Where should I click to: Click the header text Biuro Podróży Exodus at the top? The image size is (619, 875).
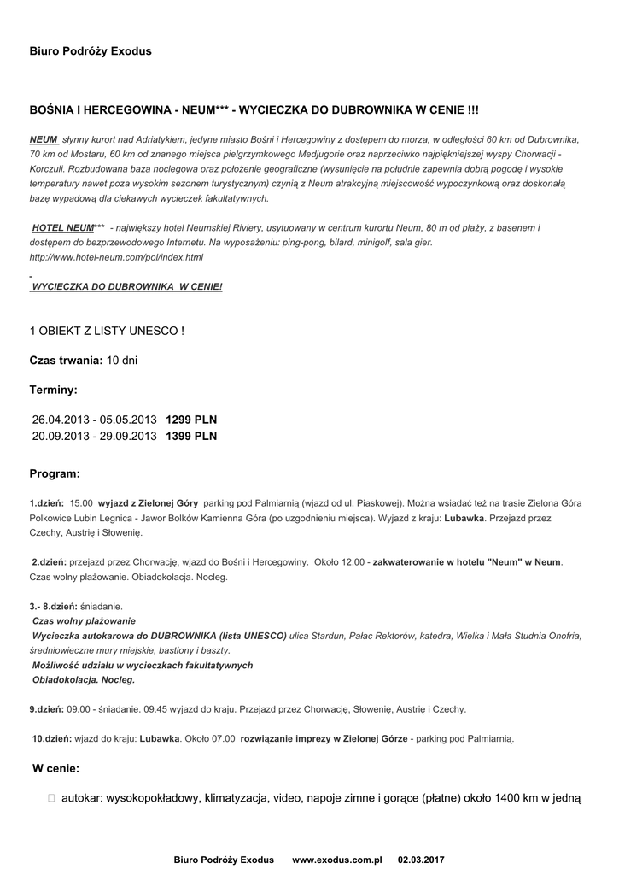91,51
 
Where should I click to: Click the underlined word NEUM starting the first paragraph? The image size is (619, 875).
44,138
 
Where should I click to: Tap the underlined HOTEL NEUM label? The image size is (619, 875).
62,228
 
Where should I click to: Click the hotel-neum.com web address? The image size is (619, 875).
116,257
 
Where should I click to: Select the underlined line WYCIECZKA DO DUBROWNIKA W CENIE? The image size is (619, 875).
126,286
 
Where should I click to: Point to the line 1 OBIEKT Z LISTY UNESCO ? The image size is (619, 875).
107,331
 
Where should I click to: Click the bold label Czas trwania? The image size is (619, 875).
67,361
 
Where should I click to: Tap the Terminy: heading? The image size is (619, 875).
54,390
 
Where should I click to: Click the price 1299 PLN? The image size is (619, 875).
191,420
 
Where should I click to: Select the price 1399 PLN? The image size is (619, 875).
191,436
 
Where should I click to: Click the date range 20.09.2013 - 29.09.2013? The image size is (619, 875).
95,436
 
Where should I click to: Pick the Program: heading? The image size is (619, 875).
55,473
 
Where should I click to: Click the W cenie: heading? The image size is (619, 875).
55,768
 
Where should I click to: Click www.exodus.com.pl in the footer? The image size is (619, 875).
336,859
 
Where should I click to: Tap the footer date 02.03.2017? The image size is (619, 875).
421,859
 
